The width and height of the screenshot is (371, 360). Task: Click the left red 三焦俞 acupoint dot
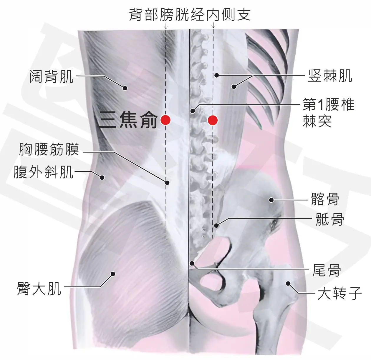click(165, 120)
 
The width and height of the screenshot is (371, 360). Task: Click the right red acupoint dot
click(213, 120)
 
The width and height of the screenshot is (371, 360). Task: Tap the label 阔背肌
click(52, 76)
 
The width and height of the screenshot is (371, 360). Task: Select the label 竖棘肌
click(330, 76)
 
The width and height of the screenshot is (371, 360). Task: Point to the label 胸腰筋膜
click(49, 149)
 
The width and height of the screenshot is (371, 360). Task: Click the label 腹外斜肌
click(44, 172)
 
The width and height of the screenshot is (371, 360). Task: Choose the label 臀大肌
click(39, 289)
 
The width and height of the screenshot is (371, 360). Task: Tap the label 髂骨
click(325, 199)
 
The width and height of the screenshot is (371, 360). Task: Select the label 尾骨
click(326, 270)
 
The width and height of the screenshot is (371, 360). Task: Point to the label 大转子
click(339, 293)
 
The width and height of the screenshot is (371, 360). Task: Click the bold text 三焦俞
click(128, 120)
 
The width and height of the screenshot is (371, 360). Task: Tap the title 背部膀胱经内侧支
click(190, 15)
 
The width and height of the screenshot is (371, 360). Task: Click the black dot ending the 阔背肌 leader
click(125, 88)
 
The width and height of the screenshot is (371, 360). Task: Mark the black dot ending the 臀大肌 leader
click(113, 274)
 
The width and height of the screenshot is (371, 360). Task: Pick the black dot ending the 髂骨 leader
click(271, 200)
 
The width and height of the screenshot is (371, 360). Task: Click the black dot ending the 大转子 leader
click(288, 284)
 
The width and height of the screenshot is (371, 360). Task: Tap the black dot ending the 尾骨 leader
click(192, 263)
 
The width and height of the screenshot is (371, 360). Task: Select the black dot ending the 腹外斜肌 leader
click(102, 177)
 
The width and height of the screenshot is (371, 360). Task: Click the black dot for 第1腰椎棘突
click(193, 111)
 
